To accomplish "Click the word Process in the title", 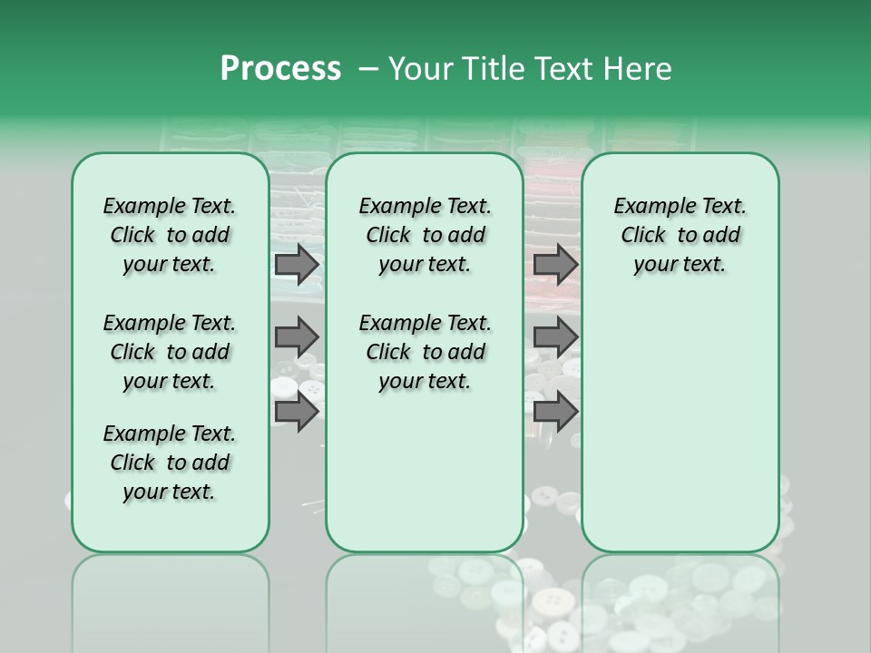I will click(x=280, y=69).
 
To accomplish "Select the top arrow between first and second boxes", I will click(x=297, y=265).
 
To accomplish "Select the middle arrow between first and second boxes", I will click(x=297, y=337).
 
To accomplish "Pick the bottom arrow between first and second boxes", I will click(x=297, y=413).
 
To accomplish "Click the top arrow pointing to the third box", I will click(x=555, y=265).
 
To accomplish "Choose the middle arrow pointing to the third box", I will click(x=555, y=337).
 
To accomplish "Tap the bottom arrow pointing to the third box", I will click(x=555, y=413).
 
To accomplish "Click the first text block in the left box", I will click(x=170, y=235).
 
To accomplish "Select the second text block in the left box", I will click(x=170, y=352).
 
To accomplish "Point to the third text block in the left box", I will click(x=170, y=463).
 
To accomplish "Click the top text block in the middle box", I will click(x=425, y=235).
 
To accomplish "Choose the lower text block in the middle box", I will click(x=425, y=352).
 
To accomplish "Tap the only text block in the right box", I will click(x=680, y=235).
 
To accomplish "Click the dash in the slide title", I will click(x=368, y=69).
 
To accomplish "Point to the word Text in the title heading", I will click(x=563, y=69).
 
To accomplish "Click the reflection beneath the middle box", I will click(x=425, y=599).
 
